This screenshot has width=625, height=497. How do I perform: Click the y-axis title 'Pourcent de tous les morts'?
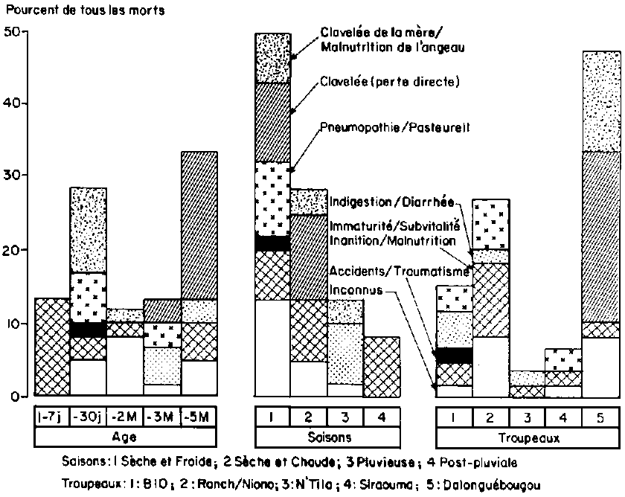pos(86,10)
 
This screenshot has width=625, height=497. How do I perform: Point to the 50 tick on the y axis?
pos(25,31)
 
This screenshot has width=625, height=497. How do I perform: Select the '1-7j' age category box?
pos(52,417)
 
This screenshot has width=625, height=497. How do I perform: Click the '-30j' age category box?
pos(88,417)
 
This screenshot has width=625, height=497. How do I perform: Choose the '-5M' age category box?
pos(199,417)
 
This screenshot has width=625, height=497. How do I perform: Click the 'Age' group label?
pos(125,437)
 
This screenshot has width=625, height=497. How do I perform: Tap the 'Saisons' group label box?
pos(327,437)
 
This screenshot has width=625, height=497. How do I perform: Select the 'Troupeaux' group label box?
pos(528,438)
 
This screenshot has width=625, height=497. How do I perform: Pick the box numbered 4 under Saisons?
pos(382,417)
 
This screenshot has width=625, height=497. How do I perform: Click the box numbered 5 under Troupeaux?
pos(601,417)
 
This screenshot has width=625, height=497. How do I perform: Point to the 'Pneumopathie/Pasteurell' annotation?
pos(395,127)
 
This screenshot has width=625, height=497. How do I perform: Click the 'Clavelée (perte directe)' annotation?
pos(390,82)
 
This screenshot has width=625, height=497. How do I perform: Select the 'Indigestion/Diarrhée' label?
pos(392,202)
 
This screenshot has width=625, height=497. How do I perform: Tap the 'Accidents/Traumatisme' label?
pos(399,271)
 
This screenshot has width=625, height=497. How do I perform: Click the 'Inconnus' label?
pos(356,289)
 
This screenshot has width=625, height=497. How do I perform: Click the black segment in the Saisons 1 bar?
pos(272,243)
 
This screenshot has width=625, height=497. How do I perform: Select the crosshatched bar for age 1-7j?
pos(52,347)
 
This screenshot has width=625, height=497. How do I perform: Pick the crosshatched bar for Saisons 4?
pos(382,367)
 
